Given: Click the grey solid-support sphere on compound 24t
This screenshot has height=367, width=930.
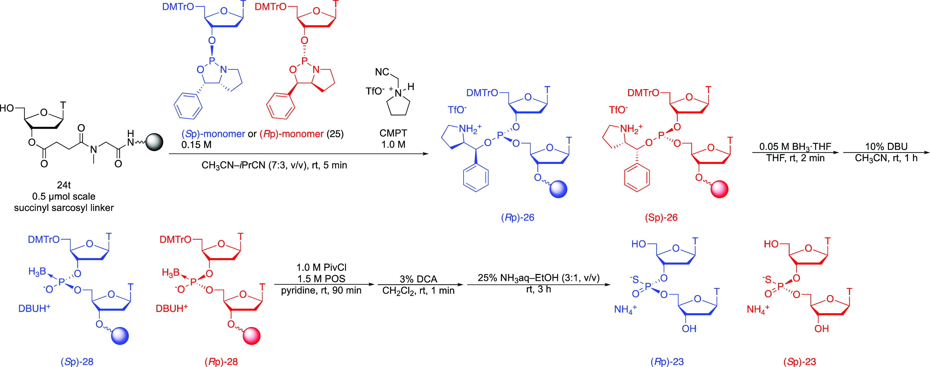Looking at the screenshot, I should (x=154, y=142).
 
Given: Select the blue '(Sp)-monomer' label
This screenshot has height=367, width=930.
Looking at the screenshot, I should (x=213, y=134).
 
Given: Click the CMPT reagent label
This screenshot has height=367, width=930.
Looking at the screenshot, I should (x=393, y=133).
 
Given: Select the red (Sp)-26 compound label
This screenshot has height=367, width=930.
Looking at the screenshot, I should (x=661, y=217).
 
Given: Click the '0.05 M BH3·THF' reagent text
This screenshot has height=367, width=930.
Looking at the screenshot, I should (x=795, y=147).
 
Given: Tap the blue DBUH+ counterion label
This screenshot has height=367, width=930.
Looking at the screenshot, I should (x=34, y=308).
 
